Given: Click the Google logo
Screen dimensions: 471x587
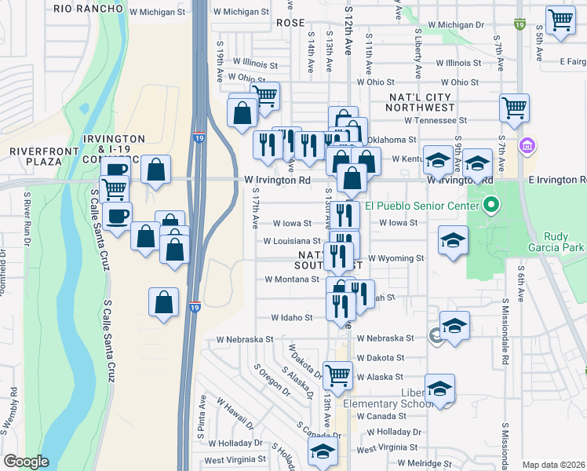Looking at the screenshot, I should tap(26, 462).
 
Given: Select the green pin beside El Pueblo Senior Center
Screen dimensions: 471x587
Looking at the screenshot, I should tap(491, 206).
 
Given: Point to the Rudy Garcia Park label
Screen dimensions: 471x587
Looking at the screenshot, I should tap(565, 242).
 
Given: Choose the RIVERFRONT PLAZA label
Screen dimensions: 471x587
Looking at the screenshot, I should tap(35, 155).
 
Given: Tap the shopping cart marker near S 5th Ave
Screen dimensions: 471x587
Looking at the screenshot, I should tap(560, 21).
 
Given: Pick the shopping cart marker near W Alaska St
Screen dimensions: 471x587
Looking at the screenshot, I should tap(337, 374).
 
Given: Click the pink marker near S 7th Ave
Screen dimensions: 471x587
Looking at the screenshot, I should tap(527, 145).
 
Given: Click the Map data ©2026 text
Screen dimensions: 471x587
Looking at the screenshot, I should tap(553, 465).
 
